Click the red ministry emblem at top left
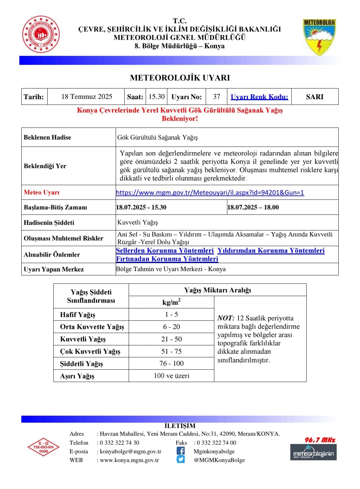[x=41, y=35]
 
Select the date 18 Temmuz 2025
[x=87, y=97]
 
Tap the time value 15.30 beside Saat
[x=157, y=97]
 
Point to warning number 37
[x=217, y=97]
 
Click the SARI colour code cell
[x=315, y=97]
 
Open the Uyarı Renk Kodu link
[x=259, y=97]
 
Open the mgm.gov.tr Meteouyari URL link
[x=210, y=193]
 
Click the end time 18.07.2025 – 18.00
[x=253, y=207]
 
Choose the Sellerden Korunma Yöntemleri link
[x=165, y=250]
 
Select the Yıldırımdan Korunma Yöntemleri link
[x=271, y=250]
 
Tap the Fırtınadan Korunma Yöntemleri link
[x=167, y=259]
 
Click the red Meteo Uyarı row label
[x=42, y=193]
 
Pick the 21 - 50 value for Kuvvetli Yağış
[x=171, y=339]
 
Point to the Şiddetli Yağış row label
[x=81, y=364]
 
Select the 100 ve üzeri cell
[x=171, y=376]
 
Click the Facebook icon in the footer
[x=181, y=451]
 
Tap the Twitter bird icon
[x=181, y=459]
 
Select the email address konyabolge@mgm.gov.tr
[x=131, y=451]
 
